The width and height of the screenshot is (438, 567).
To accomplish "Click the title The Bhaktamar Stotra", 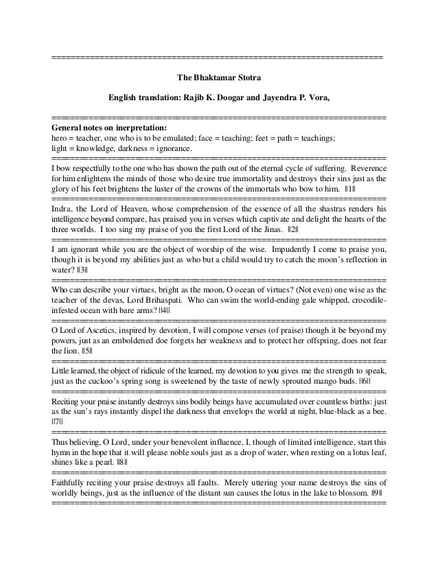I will pos(218,78).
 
